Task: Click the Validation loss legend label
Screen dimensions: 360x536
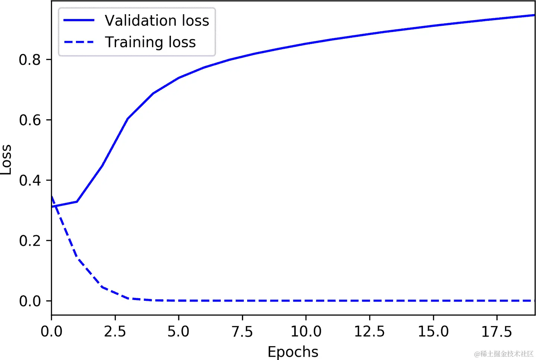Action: tap(157, 20)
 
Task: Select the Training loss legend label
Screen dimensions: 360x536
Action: tap(150, 42)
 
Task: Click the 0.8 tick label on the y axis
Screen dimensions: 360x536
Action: tap(30, 60)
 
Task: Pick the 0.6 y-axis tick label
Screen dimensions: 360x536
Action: tap(30, 120)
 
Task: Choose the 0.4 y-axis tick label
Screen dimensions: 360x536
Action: tap(30, 180)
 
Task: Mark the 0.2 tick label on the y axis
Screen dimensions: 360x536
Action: tap(30, 240)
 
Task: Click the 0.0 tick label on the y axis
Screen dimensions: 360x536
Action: tap(30, 301)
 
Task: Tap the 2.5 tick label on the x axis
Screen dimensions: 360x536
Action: tap(115, 331)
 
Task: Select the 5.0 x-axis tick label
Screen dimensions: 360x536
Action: tap(179, 331)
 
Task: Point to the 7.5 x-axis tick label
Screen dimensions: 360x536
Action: tap(242, 331)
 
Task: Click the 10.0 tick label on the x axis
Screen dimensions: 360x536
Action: tap(306, 331)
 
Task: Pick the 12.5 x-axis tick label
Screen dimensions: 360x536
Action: tap(370, 331)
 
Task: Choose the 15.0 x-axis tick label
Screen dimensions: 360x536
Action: tap(433, 331)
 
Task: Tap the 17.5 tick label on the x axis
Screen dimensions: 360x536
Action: tap(497, 331)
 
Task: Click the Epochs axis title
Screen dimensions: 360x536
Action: tap(293, 352)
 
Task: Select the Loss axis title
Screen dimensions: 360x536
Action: tap(6, 159)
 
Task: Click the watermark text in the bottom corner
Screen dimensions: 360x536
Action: tap(504, 354)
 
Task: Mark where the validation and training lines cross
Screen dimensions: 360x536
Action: tap(55, 206)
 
